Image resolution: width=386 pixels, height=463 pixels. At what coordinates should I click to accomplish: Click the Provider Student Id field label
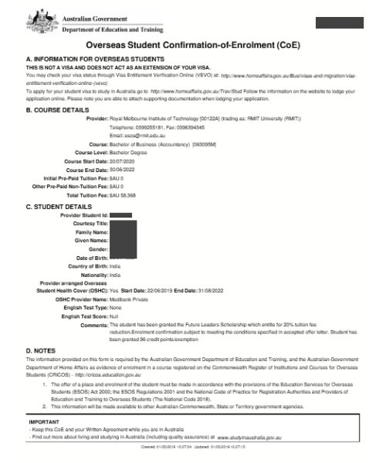pyautogui.click(x=83, y=215)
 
